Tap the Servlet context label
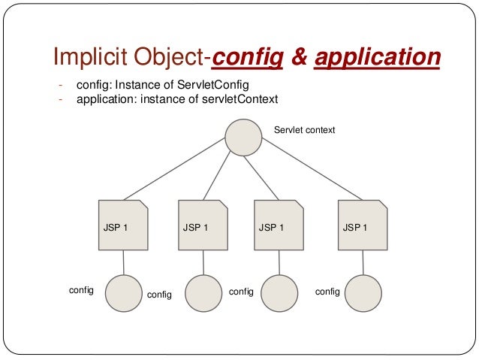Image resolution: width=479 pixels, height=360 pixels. [304, 130]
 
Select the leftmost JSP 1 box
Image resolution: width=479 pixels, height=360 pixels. [122, 225]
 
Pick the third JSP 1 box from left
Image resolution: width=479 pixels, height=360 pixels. [278, 225]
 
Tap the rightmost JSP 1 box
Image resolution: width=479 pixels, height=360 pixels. [363, 225]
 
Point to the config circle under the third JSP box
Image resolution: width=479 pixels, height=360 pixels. [280, 293]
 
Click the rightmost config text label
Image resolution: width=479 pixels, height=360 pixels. [327, 291]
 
